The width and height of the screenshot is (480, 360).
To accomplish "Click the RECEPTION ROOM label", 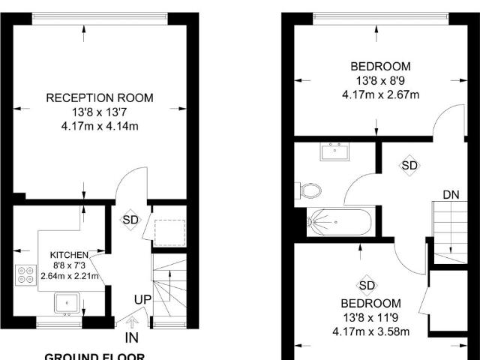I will coord(100,97).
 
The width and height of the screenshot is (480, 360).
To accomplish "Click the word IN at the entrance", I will coord(132,338).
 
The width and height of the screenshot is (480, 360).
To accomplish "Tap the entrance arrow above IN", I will coord(132,322).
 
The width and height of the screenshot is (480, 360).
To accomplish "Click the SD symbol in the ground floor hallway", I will coord(130,220).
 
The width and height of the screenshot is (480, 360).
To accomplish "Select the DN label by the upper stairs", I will coord(450,195).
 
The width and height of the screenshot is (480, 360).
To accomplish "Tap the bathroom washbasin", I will coord(331,152).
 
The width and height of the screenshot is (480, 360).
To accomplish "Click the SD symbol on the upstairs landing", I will coord(409,165).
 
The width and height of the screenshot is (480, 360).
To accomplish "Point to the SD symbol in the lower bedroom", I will coord(367,285).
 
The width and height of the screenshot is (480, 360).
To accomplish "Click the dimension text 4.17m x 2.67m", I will coord(380,94).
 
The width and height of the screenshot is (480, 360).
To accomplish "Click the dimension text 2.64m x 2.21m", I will coord(70,277).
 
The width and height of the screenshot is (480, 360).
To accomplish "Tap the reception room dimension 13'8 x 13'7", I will coord(100,112).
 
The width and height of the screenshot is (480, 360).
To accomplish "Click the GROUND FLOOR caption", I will coord(94,355).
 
